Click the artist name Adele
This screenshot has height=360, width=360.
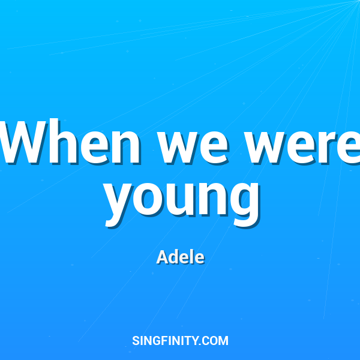pos(181,257)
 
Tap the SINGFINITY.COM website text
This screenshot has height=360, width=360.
pos(180,341)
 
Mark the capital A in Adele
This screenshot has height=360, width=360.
pos(162,257)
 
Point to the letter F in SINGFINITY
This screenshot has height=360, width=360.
pos(166,341)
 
